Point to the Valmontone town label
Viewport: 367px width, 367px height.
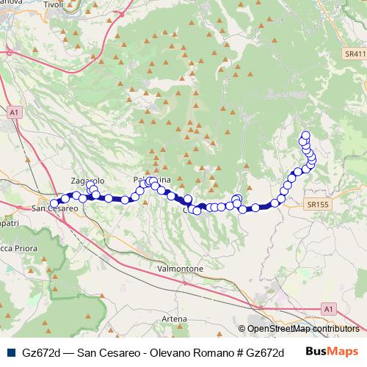(x=181, y=269)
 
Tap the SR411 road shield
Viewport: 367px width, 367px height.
(x=355, y=55)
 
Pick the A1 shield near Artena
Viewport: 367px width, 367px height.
(x=328, y=308)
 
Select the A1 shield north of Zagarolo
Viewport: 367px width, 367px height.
(x=14, y=112)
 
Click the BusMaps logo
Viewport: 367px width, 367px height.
(x=331, y=351)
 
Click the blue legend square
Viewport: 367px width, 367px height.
(x=8, y=352)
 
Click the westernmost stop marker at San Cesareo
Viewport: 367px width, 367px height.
(x=54, y=203)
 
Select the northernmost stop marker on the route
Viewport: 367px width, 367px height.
(x=305, y=134)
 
